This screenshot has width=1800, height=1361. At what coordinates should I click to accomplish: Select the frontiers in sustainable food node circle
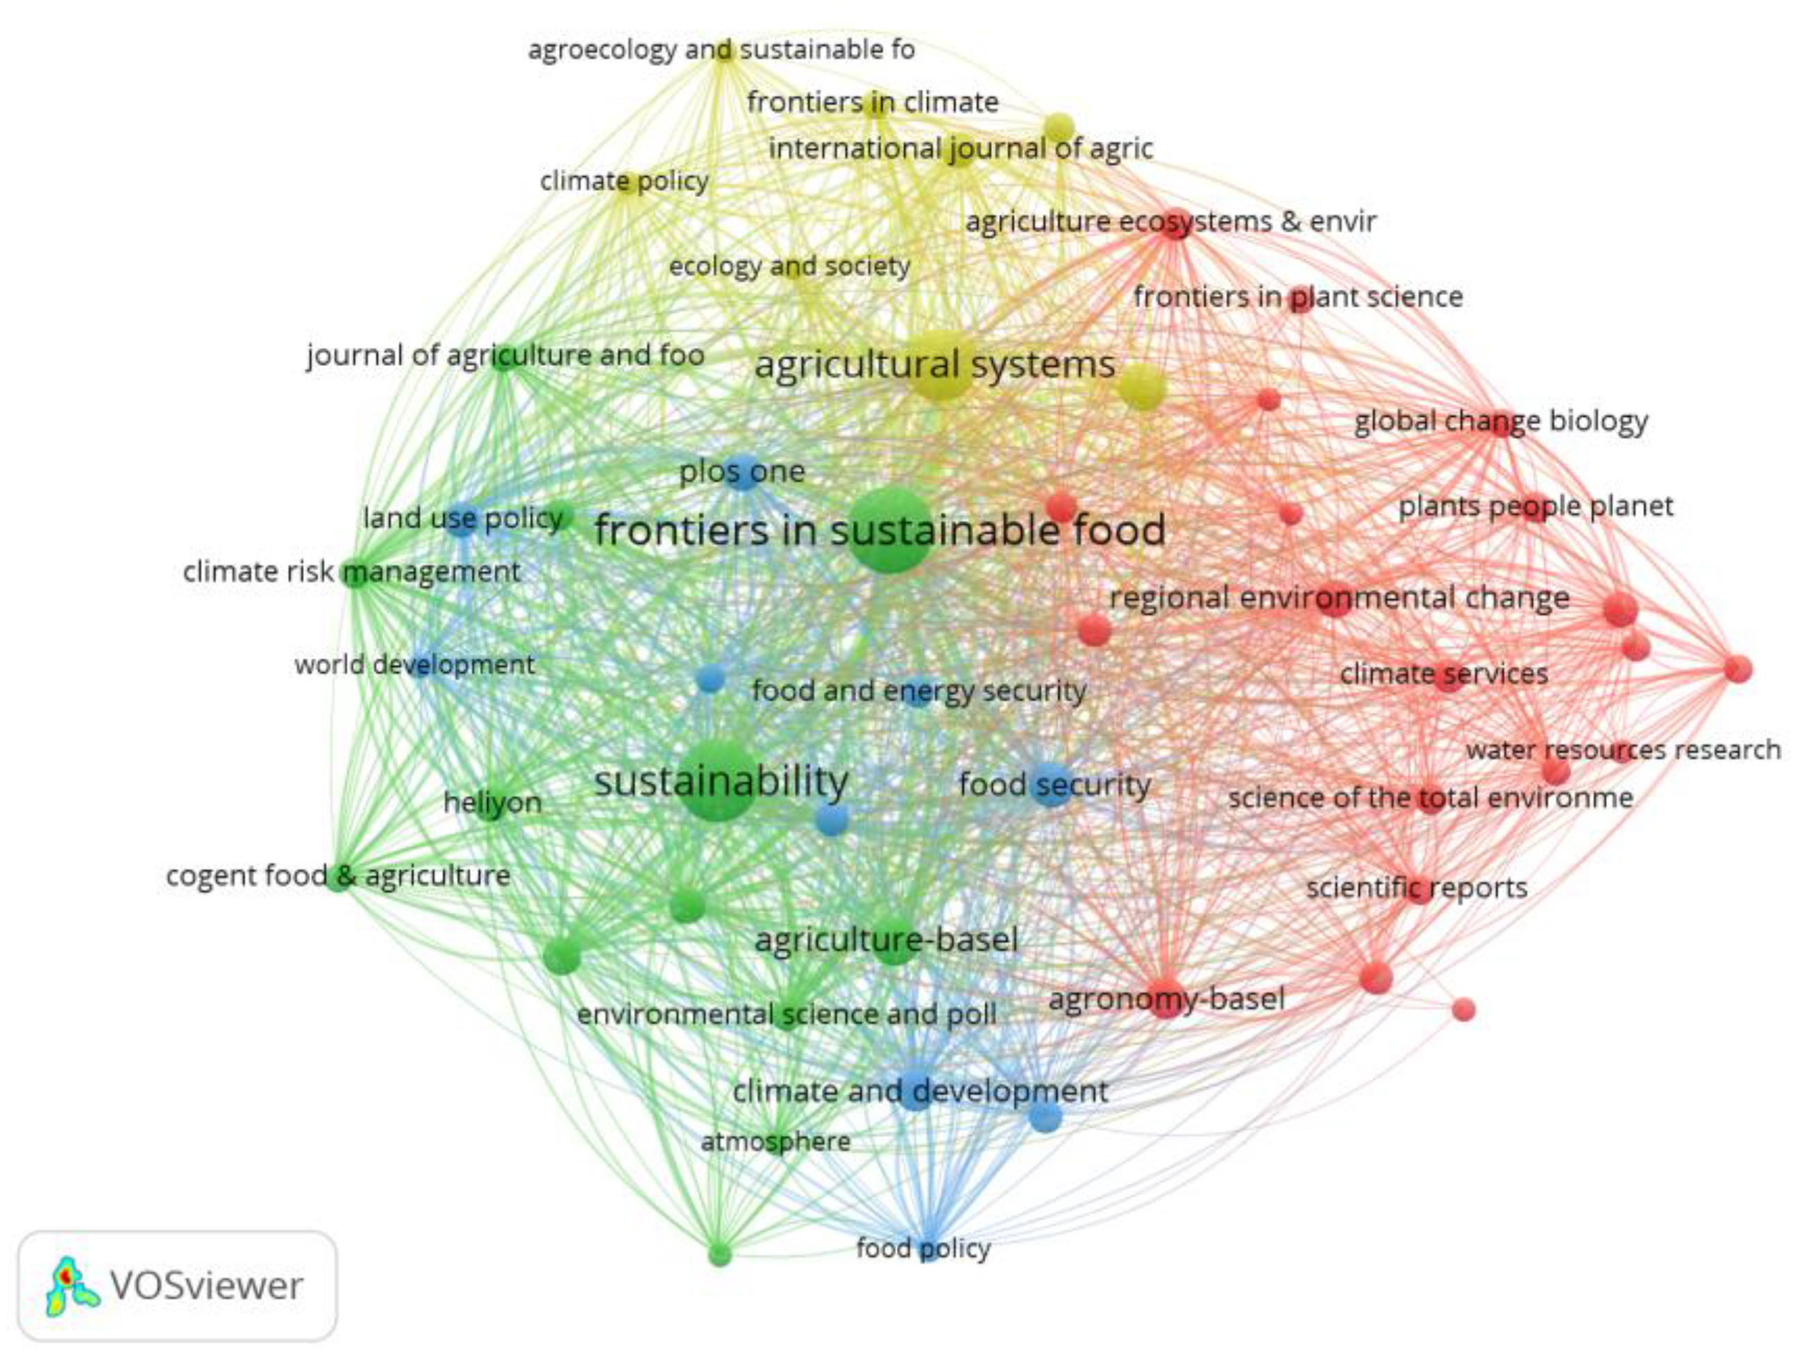pyautogui.click(x=889, y=531)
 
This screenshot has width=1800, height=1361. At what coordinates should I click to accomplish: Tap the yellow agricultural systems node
pyautogui.click(x=940, y=365)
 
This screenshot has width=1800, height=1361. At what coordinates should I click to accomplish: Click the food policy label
pyautogui.click(x=923, y=1248)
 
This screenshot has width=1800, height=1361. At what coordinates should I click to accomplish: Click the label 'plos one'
pyautogui.click(x=742, y=471)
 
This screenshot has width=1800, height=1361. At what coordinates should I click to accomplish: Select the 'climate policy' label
pyautogui.click(x=624, y=181)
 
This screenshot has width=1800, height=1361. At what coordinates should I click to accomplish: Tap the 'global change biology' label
pyautogui.click(x=1501, y=421)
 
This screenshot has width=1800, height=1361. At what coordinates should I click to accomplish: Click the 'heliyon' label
pyautogui.click(x=492, y=803)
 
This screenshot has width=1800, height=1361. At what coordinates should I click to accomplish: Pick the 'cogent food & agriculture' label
pyautogui.click(x=337, y=876)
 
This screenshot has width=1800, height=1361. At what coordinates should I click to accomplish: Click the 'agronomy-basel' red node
pyautogui.click(x=1163, y=998)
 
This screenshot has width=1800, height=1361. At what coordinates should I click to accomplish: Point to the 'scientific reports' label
pyautogui.click(x=1417, y=887)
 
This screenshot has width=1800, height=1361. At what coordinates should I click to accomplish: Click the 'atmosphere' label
pyautogui.click(x=775, y=1141)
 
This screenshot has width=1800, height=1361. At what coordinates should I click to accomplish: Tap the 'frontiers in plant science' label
pyautogui.click(x=1298, y=297)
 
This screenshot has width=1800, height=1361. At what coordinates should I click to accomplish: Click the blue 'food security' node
pyautogui.click(x=1052, y=785)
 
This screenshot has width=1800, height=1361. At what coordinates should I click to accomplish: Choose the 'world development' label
pyautogui.click(x=414, y=665)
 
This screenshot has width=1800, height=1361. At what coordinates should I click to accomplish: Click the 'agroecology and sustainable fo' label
pyautogui.click(x=721, y=51)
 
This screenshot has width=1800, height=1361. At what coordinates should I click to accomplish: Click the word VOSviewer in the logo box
pyautogui.click(x=206, y=1287)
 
